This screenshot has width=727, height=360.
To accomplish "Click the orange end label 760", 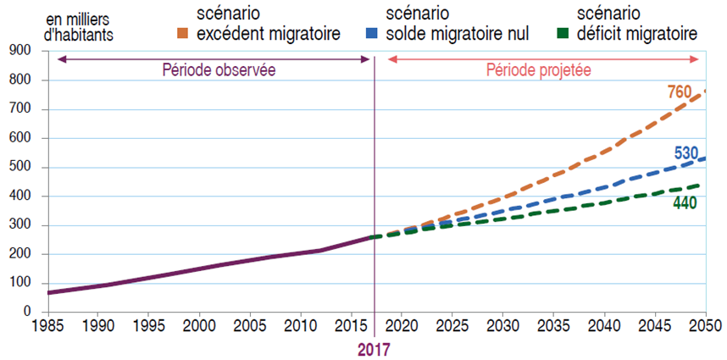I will (x=680, y=91).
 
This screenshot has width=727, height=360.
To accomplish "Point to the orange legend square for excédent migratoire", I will (x=182, y=34).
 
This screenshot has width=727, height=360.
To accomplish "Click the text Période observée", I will (x=219, y=69).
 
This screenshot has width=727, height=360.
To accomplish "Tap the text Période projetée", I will (x=538, y=69).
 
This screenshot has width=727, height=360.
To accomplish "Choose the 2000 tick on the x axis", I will (x=199, y=324).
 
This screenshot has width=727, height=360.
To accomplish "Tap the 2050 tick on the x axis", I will (x=705, y=324).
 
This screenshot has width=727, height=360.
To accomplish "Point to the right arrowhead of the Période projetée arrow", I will (x=697, y=59).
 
